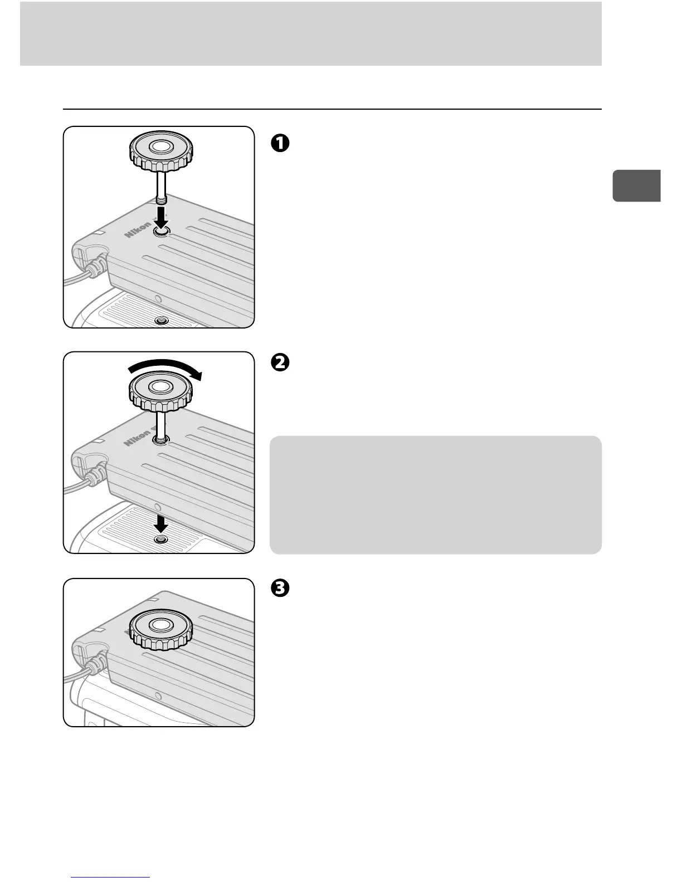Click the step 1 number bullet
280,143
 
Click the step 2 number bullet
280,362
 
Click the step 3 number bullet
280,589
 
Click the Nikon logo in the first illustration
138,229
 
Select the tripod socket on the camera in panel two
162,540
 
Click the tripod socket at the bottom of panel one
162,321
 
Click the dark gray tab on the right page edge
636,185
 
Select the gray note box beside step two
435,494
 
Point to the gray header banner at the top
310,33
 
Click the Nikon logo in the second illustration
138,436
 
